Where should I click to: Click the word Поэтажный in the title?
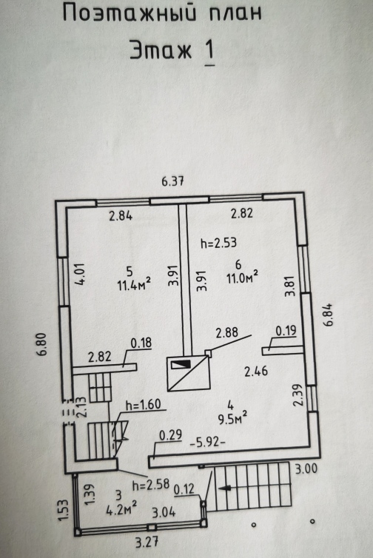[130, 13]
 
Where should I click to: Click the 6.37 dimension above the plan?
[172, 181]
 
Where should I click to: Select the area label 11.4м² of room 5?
[134, 285]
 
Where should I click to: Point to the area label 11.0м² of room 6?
[243, 278]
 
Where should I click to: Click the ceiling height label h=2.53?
[218, 243]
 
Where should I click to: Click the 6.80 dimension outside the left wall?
[41, 344]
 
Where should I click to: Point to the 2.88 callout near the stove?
[226, 332]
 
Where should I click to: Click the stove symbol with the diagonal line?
[189, 373]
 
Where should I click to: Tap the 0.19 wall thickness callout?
[286, 330]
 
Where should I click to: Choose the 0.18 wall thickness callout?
[141, 343]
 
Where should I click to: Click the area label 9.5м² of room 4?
[233, 419]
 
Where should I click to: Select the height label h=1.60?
[144, 404]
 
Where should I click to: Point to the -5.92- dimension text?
[208, 443]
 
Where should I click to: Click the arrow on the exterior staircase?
[224, 488]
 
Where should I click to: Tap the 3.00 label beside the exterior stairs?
[306, 468]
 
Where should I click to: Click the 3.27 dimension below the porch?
[147, 542]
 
